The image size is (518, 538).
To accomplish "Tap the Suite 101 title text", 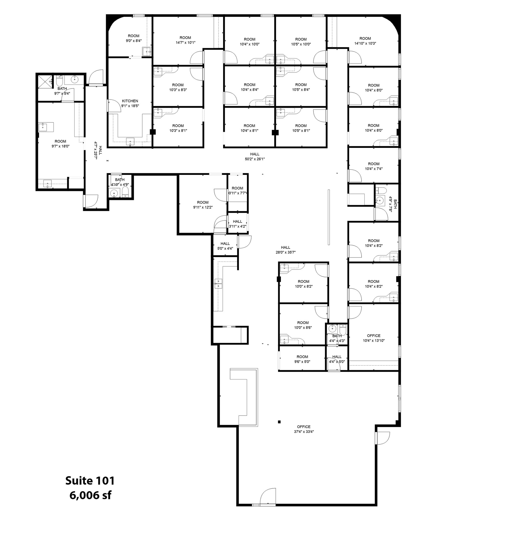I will [x=90, y=480].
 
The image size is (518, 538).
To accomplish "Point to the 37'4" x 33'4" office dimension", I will [x=304, y=432].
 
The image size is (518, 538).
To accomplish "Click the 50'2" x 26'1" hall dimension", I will [x=255, y=159].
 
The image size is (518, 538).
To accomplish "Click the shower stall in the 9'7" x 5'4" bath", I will [x=45, y=81].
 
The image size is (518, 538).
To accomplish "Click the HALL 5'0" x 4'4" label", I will [x=225, y=246].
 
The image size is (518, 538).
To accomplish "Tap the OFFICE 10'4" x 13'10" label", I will [x=373, y=338].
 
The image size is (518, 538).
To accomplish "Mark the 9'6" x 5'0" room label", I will [x=302, y=359].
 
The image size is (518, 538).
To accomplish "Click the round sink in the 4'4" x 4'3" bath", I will [x=333, y=328].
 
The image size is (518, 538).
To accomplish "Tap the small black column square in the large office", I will [x=279, y=422].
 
